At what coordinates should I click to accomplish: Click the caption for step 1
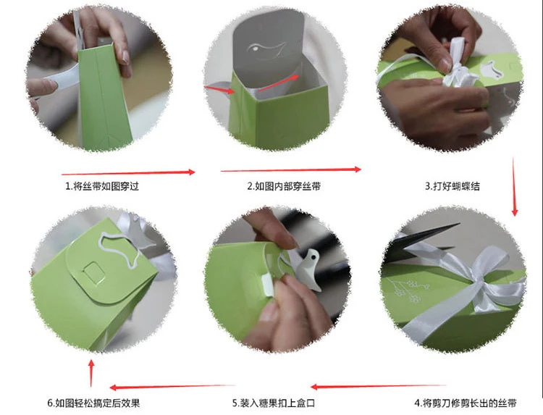coord(102,186)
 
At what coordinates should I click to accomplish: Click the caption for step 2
coord(284,186)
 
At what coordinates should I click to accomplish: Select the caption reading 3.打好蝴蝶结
coord(452,186)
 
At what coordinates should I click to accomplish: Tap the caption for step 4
coord(466,403)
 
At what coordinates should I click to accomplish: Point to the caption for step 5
coord(274,403)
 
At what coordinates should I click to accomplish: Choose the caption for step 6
coord(93,403)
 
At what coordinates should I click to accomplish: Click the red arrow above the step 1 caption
coord(128,172)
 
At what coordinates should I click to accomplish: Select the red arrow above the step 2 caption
coord(290,169)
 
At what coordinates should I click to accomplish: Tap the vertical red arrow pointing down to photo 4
coord(514,186)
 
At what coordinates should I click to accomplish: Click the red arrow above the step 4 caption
coord(378,386)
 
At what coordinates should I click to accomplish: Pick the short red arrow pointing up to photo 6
coord(91,373)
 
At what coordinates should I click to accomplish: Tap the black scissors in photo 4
coord(421,240)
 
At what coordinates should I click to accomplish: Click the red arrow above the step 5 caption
coord(172,387)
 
